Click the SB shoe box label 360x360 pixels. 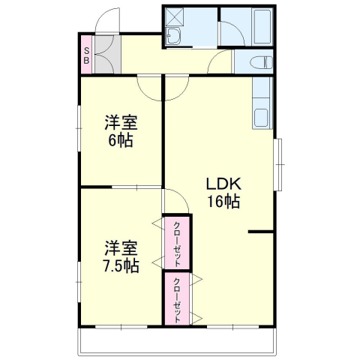(x=87, y=55)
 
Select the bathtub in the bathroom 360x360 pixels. (x=262, y=28)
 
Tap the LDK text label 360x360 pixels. (x=223, y=184)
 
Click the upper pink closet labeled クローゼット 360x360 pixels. (x=178, y=242)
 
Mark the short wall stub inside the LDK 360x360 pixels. (x=260, y=232)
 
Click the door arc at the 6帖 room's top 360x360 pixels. (x=150, y=89)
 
